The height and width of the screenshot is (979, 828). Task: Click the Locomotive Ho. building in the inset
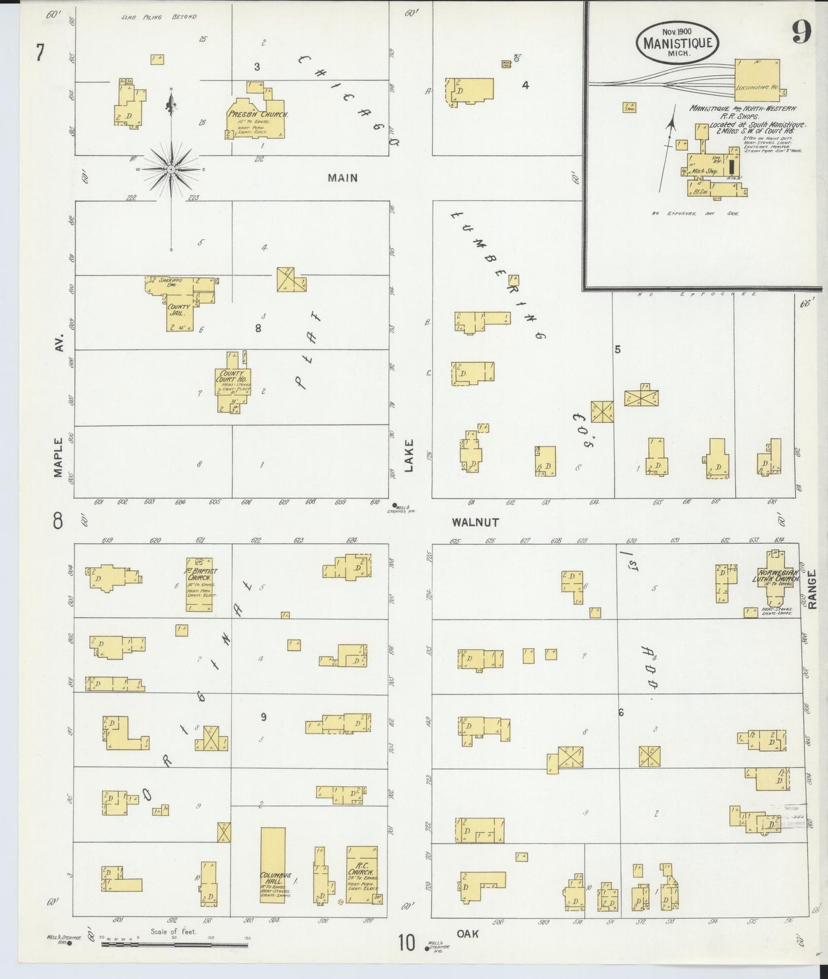tap(757, 80)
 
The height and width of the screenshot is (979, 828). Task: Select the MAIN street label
tap(343, 178)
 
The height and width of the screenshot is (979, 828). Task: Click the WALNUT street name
tap(475, 522)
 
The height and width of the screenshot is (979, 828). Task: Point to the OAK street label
tap(468, 934)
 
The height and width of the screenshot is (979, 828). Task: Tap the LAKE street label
tap(409, 456)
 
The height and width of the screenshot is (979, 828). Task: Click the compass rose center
tap(171, 170)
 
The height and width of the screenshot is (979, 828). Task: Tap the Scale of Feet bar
tap(175, 944)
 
